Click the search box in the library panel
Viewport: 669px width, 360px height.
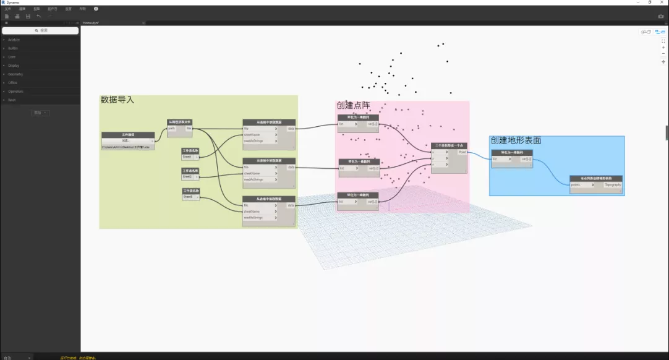(40, 30)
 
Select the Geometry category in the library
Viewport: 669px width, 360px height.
(15, 74)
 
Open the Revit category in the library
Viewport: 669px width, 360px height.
(13, 100)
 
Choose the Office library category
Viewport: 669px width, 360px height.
(13, 82)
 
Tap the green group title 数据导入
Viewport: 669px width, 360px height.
(117, 100)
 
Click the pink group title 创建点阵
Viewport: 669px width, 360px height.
(353, 106)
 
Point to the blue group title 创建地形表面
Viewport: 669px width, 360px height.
(516, 140)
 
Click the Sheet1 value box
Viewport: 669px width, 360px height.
(188, 156)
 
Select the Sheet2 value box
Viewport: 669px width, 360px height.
(188, 177)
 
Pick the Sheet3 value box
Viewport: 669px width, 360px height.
(188, 197)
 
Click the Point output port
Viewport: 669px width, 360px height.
(462, 152)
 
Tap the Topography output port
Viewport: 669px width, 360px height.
(613, 184)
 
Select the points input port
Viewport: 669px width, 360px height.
(576, 184)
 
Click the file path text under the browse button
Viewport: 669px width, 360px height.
(127, 147)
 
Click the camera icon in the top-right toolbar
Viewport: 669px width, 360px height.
(660, 16)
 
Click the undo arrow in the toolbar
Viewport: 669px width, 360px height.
(38, 16)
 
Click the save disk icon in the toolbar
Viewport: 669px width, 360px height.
(28, 16)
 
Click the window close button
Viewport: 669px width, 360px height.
(663, 2)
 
